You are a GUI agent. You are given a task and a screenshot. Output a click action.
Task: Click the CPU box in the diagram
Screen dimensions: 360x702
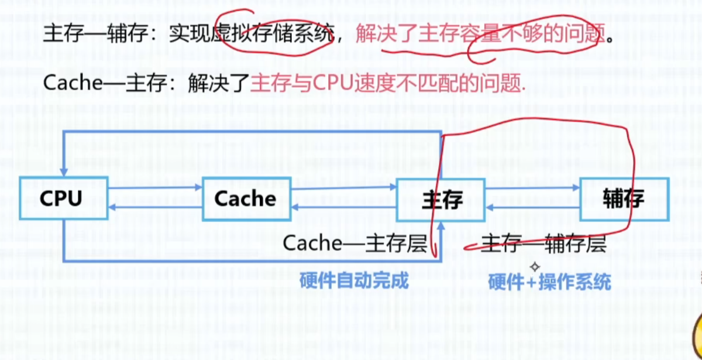coord(63,198)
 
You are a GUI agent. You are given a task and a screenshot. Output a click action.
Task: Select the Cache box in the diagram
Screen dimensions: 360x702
coord(246,198)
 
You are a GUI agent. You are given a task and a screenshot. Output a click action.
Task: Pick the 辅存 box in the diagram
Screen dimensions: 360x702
coord(624,199)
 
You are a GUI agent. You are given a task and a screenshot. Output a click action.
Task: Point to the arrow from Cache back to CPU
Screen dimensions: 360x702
coord(155,208)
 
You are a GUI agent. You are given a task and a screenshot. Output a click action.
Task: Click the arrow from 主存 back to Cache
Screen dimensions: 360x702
coord(344,208)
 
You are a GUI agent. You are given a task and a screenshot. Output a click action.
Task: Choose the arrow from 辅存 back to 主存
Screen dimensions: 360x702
coord(532,208)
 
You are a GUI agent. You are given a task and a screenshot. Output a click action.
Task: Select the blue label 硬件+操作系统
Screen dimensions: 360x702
coord(549,282)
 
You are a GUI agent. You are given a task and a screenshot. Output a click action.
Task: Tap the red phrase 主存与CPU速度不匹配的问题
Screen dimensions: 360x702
coord(387,84)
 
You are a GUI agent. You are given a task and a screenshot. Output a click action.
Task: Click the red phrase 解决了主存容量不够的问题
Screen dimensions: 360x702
coord(479,36)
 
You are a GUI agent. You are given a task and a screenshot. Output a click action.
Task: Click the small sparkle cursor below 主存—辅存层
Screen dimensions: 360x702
coord(534,267)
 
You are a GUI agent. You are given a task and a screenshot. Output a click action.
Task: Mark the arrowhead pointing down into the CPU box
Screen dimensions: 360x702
coord(63,171)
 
